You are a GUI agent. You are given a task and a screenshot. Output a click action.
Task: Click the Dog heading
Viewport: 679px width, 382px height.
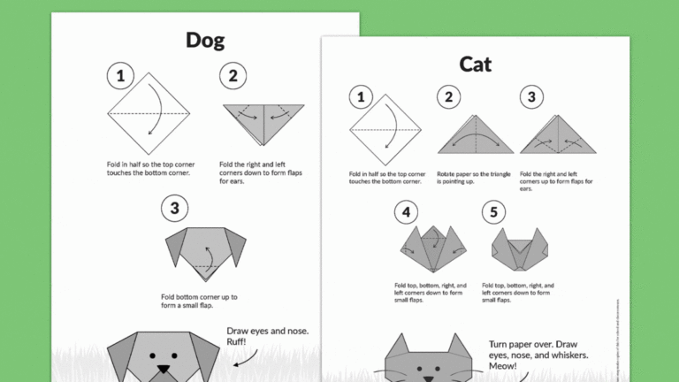[x=205, y=40]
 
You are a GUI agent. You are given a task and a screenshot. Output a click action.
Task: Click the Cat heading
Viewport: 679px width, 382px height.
[x=476, y=64]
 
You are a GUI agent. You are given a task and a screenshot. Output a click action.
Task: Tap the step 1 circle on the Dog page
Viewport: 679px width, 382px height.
[x=120, y=75]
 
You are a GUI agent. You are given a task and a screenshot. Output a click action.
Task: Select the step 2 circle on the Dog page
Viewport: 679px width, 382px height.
[x=233, y=75]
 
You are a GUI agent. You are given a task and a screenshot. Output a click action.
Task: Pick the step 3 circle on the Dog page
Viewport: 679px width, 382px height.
[x=175, y=209]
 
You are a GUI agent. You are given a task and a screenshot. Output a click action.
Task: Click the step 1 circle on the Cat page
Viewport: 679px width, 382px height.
[x=361, y=97]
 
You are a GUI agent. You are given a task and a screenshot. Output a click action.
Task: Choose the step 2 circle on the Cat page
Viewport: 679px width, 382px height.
[x=449, y=97]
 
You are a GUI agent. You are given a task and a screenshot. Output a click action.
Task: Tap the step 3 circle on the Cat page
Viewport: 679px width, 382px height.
[x=531, y=97]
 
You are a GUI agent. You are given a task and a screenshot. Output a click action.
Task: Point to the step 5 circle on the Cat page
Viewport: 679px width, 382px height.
[x=494, y=212]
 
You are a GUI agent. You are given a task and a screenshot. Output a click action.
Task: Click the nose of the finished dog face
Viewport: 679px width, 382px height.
[x=163, y=365]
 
